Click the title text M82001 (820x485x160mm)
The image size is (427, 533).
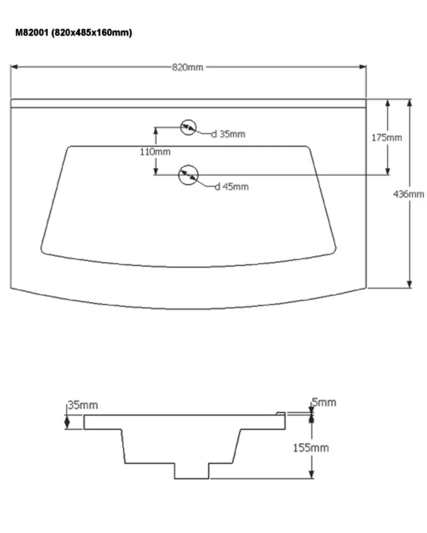click(x=74, y=33)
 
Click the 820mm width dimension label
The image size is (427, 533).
click(x=187, y=67)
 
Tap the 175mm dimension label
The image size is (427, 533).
click(x=387, y=138)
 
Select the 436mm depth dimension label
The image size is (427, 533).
click(x=409, y=194)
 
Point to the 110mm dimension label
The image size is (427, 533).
click(x=155, y=151)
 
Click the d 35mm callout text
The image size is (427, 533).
click(x=228, y=134)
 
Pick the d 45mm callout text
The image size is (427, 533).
click(x=232, y=187)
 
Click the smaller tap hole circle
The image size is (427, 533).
click(x=187, y=127)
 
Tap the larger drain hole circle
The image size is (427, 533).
click(x=187, y=175)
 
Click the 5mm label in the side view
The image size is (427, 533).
click(x=324, y=402)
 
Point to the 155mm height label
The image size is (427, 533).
click(x=311, y=447)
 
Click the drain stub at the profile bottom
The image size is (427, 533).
click(x=192, y=470)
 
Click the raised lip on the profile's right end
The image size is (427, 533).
click(x=280, y=413)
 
